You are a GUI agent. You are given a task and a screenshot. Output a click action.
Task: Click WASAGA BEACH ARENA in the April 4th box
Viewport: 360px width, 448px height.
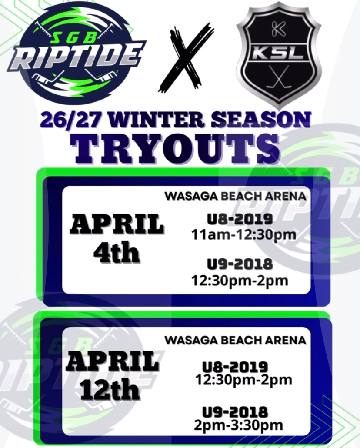click(x=235, y=197)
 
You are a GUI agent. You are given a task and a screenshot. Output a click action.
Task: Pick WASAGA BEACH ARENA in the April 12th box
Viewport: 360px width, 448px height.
click(x=235, y=340)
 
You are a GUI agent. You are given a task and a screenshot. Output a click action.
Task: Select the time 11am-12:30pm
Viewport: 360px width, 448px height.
click(x=243, y=235)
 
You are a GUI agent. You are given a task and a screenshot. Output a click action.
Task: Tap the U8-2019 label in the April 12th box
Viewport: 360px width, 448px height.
click(x=235, y=368)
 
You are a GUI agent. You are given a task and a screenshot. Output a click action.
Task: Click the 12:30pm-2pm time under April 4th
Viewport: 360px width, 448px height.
click(x=240, y=281)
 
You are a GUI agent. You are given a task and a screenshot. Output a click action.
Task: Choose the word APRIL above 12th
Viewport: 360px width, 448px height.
click(x=112, y=362)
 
